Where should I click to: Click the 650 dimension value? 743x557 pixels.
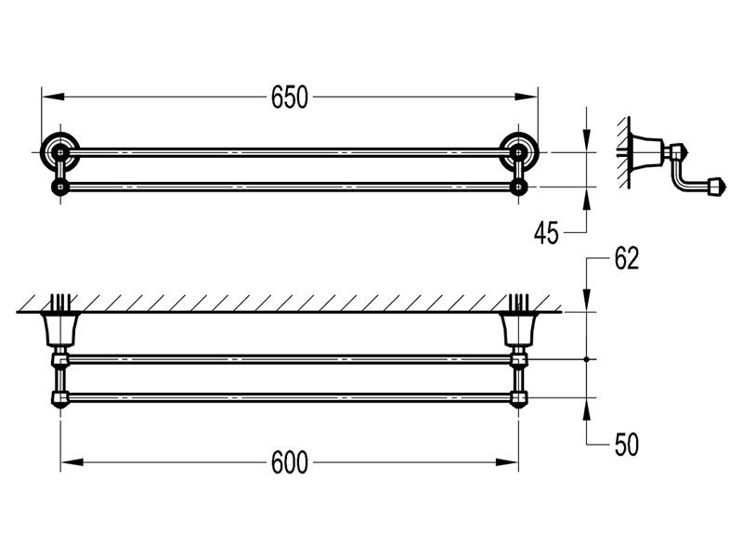pos(289,97)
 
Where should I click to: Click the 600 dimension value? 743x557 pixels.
pos(289,462)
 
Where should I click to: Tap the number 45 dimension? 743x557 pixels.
pos(546,232)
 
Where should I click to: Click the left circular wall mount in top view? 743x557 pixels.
pos(59,150)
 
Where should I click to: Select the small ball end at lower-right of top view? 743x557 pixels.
pos(518,188)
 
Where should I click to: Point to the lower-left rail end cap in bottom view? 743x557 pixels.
pos(60,400)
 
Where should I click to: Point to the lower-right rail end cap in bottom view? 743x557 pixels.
pos(518,400)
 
